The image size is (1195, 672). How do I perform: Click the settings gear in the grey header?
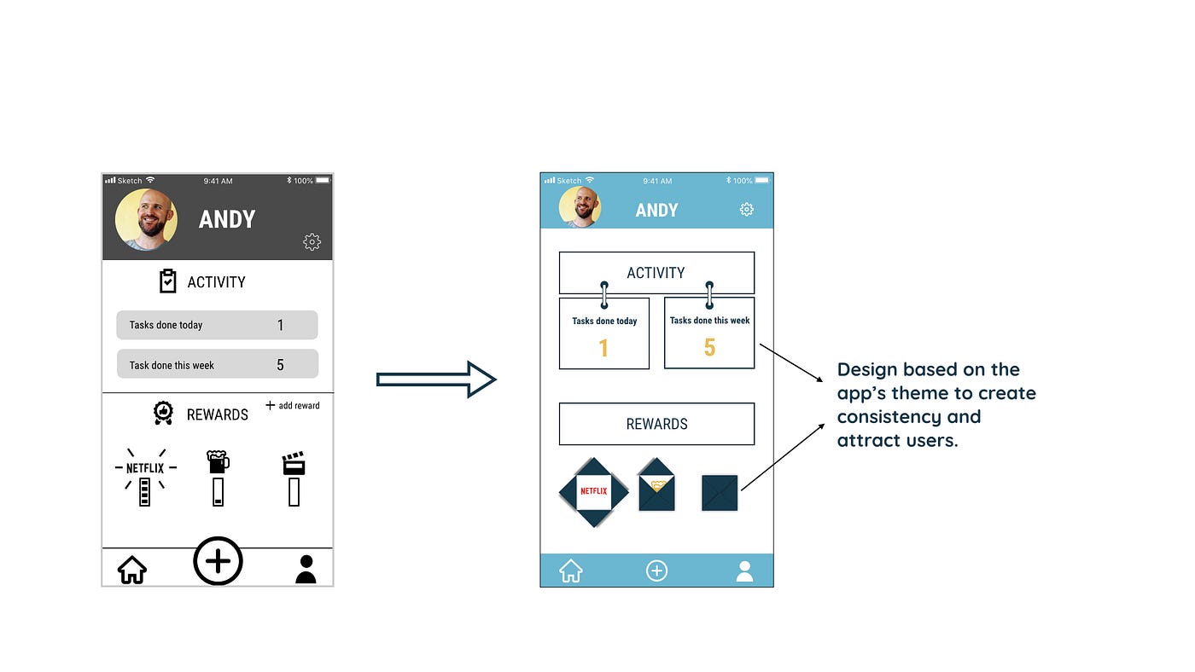[x=312, y=242]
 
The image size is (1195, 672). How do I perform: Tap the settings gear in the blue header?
[x=747, y=209]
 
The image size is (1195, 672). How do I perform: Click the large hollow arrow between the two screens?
[x=436, y=379]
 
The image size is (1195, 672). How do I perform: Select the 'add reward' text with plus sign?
[x=293, y=405]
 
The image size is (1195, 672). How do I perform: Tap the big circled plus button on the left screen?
[x=218, y=561]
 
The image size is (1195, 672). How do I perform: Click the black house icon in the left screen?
[x=132, y=569]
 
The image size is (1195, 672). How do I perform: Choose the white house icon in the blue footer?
[x=571, y=571]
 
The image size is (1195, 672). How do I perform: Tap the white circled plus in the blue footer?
[x=656, y=571]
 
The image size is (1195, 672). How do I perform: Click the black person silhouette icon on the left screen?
[x=306, y=569]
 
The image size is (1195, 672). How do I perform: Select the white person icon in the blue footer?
[x=744, y=571]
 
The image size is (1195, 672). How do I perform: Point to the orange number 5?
[x=709, y=348]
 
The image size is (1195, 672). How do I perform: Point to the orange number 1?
[x=603, y=348]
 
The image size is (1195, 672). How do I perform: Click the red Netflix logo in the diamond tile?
[x=593, y=491]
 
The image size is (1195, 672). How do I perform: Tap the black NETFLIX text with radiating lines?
[x=145, y=467]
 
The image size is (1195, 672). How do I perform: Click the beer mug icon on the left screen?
[x=218, y=462]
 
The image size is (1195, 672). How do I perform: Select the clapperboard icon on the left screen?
[x=294, y=464]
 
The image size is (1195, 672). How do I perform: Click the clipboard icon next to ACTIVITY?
[x=168, y=281]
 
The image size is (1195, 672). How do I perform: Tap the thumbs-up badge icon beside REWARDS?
[x=163, y=414]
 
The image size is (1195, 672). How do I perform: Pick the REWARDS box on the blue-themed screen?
[x=656, y=424]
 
